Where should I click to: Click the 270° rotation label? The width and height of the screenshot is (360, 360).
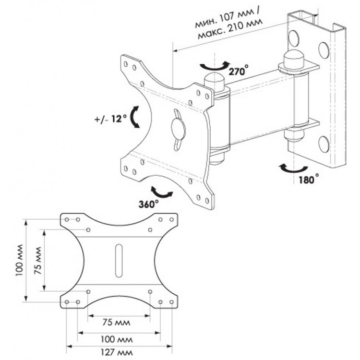[238, 70]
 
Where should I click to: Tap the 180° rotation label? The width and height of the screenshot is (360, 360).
[309, 179]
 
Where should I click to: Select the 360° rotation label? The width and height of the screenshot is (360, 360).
[148, 204]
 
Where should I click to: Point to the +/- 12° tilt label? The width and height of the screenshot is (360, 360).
[110, 119]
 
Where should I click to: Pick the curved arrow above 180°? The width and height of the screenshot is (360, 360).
[294, 168]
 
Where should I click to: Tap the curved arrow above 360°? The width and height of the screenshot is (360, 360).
[161, 192]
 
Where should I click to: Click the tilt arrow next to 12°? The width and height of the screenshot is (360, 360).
[134, 117]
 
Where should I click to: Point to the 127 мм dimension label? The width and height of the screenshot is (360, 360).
[117, 352]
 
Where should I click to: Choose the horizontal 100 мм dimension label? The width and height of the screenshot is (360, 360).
[117, 339]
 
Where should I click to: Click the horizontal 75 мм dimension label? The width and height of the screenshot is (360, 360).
[116, 323]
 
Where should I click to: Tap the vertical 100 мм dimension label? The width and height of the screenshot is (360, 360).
[20, 260]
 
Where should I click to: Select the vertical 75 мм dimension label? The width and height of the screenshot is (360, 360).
[37, 261]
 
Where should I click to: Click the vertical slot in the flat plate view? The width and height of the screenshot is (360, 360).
[119, 260]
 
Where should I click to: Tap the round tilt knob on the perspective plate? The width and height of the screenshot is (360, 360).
[178, 130]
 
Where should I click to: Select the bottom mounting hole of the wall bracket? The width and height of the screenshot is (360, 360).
[324, 144]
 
